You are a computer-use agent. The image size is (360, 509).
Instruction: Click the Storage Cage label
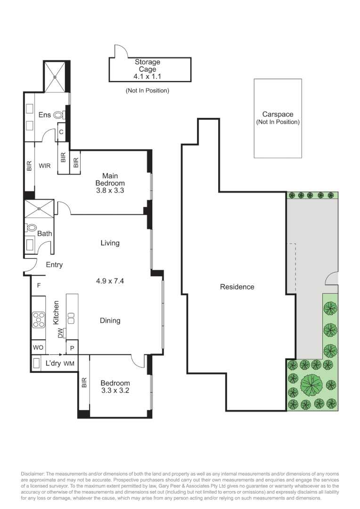point(147,66)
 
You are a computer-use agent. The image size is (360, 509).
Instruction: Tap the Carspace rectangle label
point(278,115)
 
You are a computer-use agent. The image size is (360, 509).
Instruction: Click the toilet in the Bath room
point(32,228)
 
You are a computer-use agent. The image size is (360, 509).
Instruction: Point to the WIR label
point(45,166)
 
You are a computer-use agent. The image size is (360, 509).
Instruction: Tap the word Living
point(110,243)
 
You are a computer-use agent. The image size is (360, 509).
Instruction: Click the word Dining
point(110,320)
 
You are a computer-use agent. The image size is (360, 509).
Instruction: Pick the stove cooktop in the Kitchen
point(38,320)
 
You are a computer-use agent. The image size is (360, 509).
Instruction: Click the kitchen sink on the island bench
point(72,318)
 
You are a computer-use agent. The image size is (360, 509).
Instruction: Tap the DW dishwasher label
point(60,334)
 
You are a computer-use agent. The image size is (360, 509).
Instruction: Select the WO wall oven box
point(38,347)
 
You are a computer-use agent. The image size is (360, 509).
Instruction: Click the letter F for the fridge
point(39,286)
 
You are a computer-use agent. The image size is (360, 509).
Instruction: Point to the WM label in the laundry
point(69,364)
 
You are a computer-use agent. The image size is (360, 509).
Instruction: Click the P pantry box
point(72,348)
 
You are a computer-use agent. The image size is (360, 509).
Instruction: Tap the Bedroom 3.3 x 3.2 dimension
point(115,391)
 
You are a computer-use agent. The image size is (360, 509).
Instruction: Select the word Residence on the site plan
point(237,287)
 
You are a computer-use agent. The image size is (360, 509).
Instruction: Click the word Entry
point(54,265)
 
